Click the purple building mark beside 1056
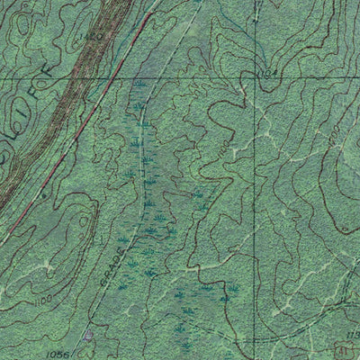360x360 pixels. click(x=87, y=336)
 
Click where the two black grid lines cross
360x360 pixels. click(x=254, y=77)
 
